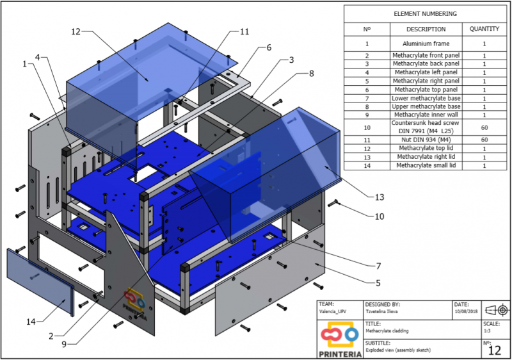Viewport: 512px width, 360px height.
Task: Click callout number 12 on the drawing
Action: (76, 31)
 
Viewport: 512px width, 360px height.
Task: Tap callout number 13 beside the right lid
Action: (380, 197)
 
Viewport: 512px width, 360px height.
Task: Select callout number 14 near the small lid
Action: (31, 322)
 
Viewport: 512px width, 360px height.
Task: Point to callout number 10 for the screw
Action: (380, 217)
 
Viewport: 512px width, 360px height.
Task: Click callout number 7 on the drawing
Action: (378, 266)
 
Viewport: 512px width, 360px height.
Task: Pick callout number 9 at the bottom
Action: (65, 345)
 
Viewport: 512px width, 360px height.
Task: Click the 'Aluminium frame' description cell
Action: (426, 44)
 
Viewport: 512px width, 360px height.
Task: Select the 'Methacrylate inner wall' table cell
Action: (426, 115)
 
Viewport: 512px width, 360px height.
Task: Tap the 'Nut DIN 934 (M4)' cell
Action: (426, 140)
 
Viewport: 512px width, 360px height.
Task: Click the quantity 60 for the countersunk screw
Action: (484, 127)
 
